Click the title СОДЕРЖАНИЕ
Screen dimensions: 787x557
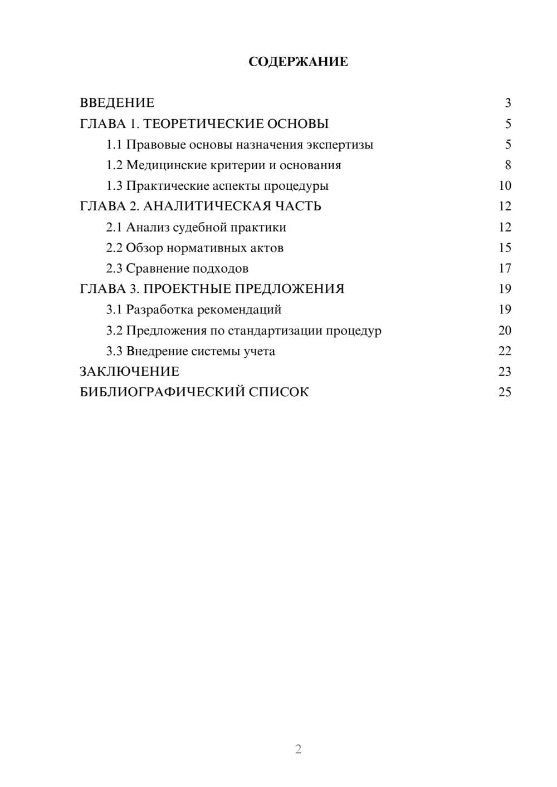[x=298, y=62]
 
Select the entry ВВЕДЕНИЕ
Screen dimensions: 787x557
[x=117, y=103]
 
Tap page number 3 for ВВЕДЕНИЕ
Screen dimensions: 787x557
[x=507, y=103]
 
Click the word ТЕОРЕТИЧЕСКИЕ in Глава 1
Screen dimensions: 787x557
[x=199, y=124]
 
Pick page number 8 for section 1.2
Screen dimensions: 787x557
[x=507, y=165]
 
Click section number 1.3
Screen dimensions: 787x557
[x=114, y=186]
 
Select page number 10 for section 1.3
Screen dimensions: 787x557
[x=505, y=186]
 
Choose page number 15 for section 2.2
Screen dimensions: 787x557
[x=505, y=248]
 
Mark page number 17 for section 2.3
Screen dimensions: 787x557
[x=505, y=269]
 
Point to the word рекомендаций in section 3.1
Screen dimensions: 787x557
[x=240, y=310]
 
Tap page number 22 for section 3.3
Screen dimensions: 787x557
[x=505, y=351]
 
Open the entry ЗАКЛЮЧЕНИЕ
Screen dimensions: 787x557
[x=129, y=372]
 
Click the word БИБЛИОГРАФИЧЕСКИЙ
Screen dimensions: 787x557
[x=162, y=392]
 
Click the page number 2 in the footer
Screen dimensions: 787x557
[x=298, y=749]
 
